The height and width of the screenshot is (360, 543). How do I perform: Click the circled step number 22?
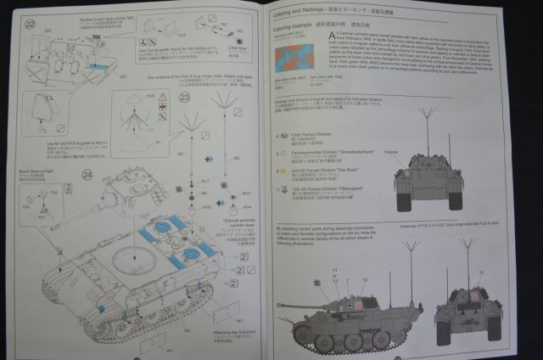coord(30,23)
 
